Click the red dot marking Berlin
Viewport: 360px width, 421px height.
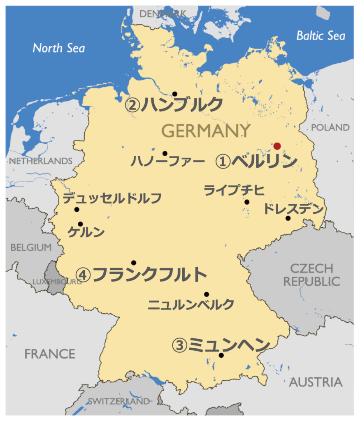(x=277, y=146)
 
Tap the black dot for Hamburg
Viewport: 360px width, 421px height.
(x=174, y=94)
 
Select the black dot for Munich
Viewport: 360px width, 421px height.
(x=221, y=355)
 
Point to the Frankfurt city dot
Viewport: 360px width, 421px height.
(x=133, y=262)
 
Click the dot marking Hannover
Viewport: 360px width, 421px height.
(x=165, y=153)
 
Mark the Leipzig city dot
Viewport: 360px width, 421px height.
(x=246, y=202)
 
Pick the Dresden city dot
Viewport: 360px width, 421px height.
(x=288, y=218)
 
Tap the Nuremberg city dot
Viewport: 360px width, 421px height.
(x=206, y=294)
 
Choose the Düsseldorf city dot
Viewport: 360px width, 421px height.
(x=77, y=209)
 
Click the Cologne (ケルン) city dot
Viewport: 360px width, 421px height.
(x=80, y=224)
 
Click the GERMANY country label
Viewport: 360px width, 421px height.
(x=206, y=131)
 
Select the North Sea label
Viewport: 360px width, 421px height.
(x=59, y=48)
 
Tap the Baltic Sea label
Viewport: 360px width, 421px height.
(x=321, y=36)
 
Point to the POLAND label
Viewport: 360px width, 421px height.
(x=330, y=127)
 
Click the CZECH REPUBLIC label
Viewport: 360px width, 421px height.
(x=311, y=275)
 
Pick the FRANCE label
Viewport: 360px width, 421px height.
(x=50, y=354)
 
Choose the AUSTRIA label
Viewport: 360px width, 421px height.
(x=316, y=382)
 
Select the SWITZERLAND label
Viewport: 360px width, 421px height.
(x=118, y=401)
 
